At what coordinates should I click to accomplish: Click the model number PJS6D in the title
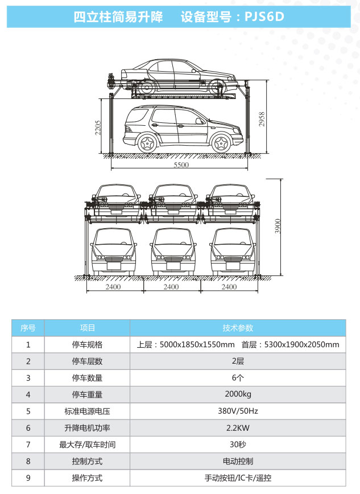click(264, 17)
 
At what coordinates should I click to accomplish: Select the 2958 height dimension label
click(262, 118)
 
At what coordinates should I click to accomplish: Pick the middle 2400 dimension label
click(171, 287)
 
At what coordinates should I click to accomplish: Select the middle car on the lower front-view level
click(171, 252)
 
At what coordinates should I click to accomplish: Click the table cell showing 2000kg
click(238, 394)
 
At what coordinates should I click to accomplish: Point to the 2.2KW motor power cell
click(238, 427)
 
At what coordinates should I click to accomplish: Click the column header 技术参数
click(238, 328)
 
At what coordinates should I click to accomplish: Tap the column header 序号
click(28, 328)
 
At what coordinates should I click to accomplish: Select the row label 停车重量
click(87, 394)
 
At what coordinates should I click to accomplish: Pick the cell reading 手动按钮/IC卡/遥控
click(238, 478)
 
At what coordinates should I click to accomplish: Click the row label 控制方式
click(87, 461)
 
